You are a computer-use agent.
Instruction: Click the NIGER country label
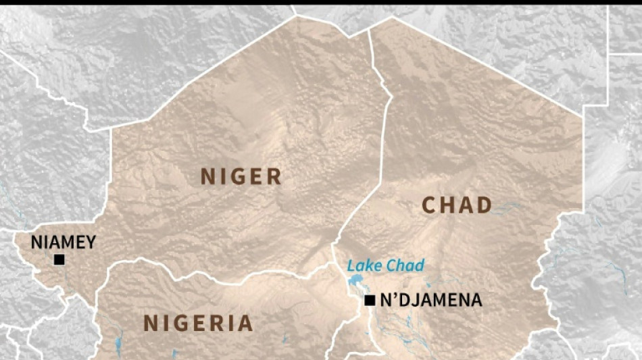pyautogui.click(x=241, y=177)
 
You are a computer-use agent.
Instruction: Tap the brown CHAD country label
pyautogui.click(x=458, y=205)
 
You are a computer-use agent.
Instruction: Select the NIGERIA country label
pyautogui.click(x=198, y=324)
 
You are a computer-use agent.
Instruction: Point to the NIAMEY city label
pyautogui.click(x=64, y=242)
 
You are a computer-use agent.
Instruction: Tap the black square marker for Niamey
pyautogui.click(x=59, y=259)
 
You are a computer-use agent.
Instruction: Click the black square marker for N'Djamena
pyautogui.click(x=370, y=301)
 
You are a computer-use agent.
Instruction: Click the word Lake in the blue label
pyautogui.click(x=362, y=265)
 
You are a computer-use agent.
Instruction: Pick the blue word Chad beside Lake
pyautogui.click(x=403, y=265)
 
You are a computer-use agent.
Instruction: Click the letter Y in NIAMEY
pyautogui.click(x=90, y=242)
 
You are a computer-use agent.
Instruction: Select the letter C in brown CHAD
pyautogui.click(x=430, y=205)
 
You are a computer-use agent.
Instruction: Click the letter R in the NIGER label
pyautogui.click(x=272, y=177)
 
